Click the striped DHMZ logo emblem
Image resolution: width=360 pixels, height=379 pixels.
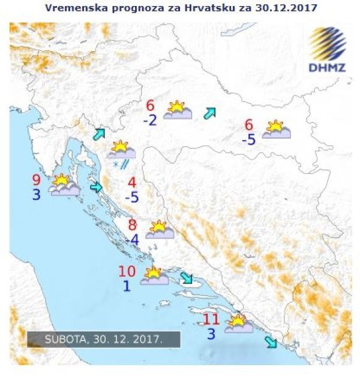click(x=327, y=43)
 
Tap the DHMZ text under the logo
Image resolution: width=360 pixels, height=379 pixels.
click(x=327, y=67)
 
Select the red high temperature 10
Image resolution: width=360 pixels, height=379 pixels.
click(x=127, y=271)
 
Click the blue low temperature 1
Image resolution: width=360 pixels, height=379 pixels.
click(x=127, y=286)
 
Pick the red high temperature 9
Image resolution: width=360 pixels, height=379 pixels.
click(x=37, y=180)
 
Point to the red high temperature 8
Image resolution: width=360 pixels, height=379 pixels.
click(x=133, y=225)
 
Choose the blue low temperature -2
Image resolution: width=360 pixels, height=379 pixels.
click(x=150, y=121)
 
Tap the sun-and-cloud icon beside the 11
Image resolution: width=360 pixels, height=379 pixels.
click(x=238, y=324)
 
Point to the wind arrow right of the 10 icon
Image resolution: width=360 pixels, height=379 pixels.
click(x=187, y=278)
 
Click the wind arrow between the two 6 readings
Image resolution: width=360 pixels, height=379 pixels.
click(x=209, y=112)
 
